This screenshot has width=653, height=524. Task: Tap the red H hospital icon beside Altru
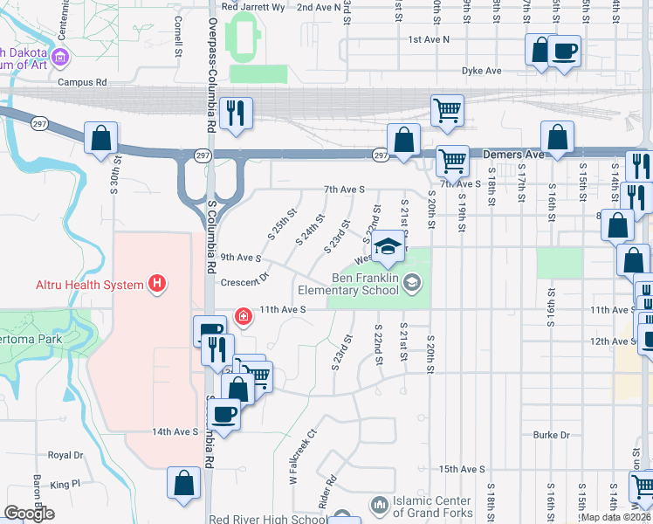[157, 284]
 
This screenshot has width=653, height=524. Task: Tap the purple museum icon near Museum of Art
[59, 59]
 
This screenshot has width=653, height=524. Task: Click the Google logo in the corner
[29, 514]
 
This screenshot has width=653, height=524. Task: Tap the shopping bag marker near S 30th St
[100, 138]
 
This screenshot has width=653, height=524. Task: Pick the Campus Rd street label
[82, 82]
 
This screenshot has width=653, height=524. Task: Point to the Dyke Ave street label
[482, 71]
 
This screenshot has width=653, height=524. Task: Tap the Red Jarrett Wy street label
[253, 6]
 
